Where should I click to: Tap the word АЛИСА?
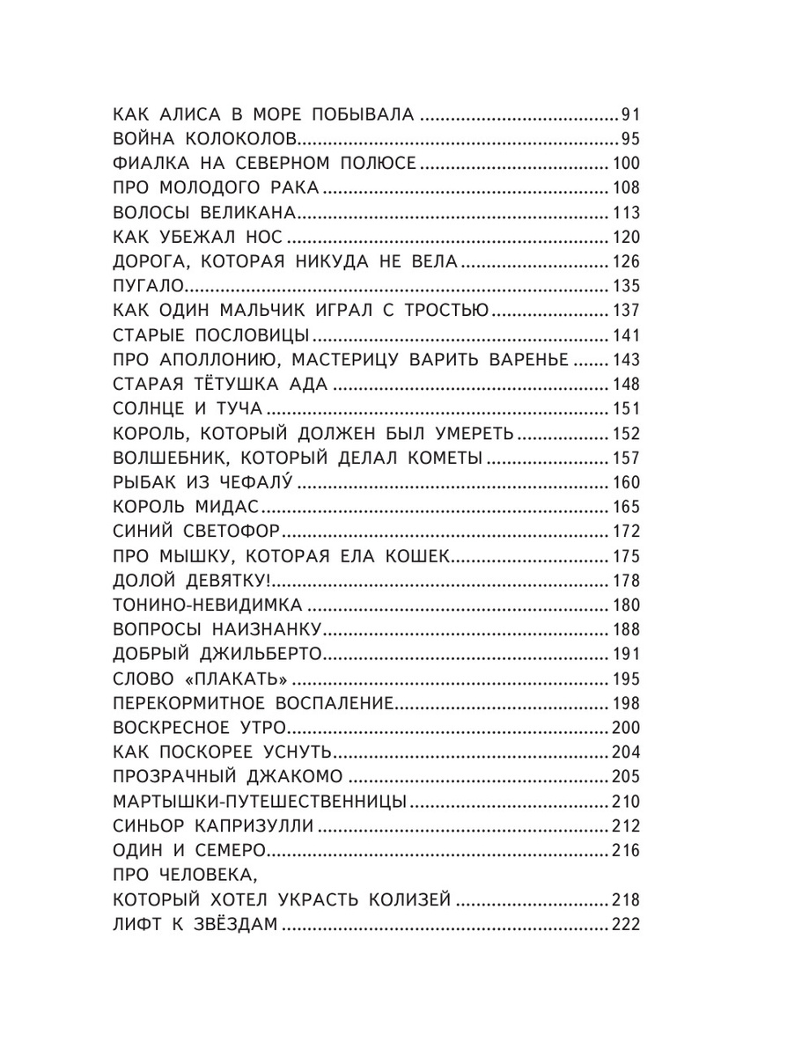(195, 114)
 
